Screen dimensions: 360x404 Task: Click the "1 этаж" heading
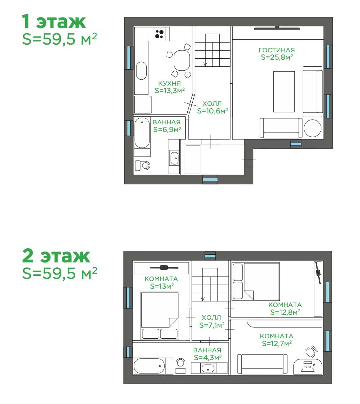click(x=54, y=22)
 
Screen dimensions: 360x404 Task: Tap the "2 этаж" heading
click(x=56, y=256)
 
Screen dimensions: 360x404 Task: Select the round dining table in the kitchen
click(x=182, y=61)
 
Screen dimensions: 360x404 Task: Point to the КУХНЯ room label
click(x=169, y=84)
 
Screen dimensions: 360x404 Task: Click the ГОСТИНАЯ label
click(x=276, y=50)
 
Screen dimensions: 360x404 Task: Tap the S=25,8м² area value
click(x=277, y=57)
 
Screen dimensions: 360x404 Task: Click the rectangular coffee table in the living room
click(x=284, y=92)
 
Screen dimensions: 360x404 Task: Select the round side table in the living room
click(x=312, y=128)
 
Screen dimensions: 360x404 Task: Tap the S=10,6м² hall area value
click(x=213, y=111)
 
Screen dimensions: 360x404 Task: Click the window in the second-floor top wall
click(x=210, y=256)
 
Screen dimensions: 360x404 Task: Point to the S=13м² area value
click(x=162, y=286)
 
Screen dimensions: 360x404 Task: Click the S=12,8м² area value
click(x=285, y=312)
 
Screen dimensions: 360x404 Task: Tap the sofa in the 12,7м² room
click(x=262, y=364)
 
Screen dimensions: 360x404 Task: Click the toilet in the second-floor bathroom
click(x=181, y=366)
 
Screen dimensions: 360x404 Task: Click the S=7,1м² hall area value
click(x=212, y=325)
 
